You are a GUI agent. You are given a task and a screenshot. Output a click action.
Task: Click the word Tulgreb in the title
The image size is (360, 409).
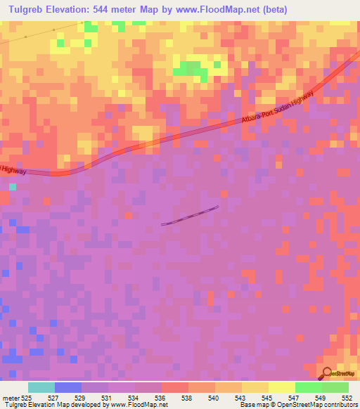tap(29, 10)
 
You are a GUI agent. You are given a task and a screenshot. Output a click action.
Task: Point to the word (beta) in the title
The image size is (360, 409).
tap(271, 10)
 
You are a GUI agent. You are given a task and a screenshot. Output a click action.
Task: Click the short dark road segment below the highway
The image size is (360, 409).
tap(190, 216)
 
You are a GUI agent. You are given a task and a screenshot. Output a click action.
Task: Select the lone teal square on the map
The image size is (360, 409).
tap(13, 187)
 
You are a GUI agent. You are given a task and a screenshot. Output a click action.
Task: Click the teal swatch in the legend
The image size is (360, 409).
tap(41, 387)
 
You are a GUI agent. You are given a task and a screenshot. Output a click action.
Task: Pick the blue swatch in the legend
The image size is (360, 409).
tap(68, 387)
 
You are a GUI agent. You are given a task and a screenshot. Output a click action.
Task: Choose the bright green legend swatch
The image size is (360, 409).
tap(308, 387)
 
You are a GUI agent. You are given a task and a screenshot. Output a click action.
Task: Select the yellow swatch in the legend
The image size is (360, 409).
tap(255, 387)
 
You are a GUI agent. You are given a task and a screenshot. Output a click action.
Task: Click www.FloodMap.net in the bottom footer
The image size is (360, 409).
tap(136, 405)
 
